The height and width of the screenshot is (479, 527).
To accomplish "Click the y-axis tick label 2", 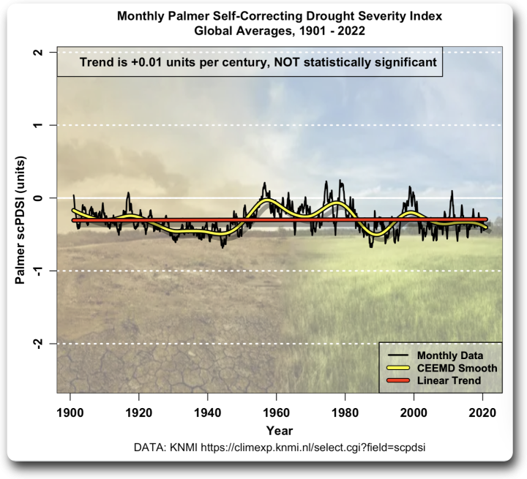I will click(x=45, y=53).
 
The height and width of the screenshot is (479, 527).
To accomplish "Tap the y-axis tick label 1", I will click(x=45, y=125).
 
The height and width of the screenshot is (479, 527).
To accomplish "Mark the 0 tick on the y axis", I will click(x=45, y=198).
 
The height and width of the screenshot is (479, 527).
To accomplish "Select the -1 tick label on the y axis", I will click(x=45, y=270).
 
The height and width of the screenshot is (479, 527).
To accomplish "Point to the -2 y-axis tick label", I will click(x=45, y=342).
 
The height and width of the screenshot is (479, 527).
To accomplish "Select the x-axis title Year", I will click(x=279, y=430).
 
